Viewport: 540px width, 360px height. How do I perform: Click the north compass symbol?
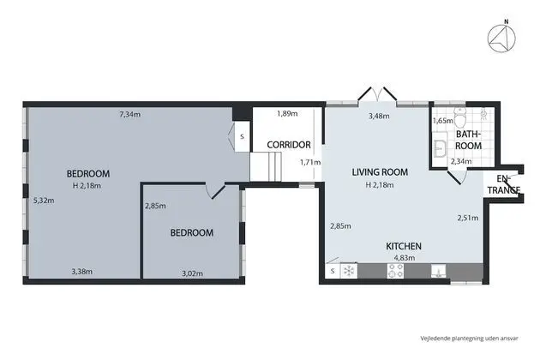pos(501,37)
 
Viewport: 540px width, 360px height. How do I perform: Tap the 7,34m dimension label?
pos(129,114)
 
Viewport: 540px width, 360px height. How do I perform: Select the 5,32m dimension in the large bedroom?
pos(44,201)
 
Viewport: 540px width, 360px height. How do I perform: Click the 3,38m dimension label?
pos(82,272)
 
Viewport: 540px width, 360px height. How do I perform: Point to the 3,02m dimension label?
pos(192,273)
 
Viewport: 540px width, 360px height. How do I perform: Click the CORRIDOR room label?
pos(289,145)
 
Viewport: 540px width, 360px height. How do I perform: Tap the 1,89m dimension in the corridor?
pos(287,113)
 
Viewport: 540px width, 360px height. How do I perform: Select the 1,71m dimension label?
pos(310,162)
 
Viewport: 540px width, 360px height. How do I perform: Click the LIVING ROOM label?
pos(380,172)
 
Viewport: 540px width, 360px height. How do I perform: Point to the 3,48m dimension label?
pos(379,116)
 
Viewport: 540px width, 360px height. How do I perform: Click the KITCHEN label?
pos(404,246)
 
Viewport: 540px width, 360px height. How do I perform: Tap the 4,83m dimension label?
pos(405,258)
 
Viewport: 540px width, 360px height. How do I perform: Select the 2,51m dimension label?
pos(468,218)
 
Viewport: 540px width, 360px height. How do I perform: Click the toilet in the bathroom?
pos(459,117)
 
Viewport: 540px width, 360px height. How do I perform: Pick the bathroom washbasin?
pos(440,149)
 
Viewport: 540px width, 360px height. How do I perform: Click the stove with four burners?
pos(395,271)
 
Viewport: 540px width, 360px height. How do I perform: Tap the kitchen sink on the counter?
pos(438,271)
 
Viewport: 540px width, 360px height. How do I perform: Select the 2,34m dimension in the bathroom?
pos(461,161)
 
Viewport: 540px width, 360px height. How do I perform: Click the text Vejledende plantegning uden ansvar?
pos(469,339)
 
